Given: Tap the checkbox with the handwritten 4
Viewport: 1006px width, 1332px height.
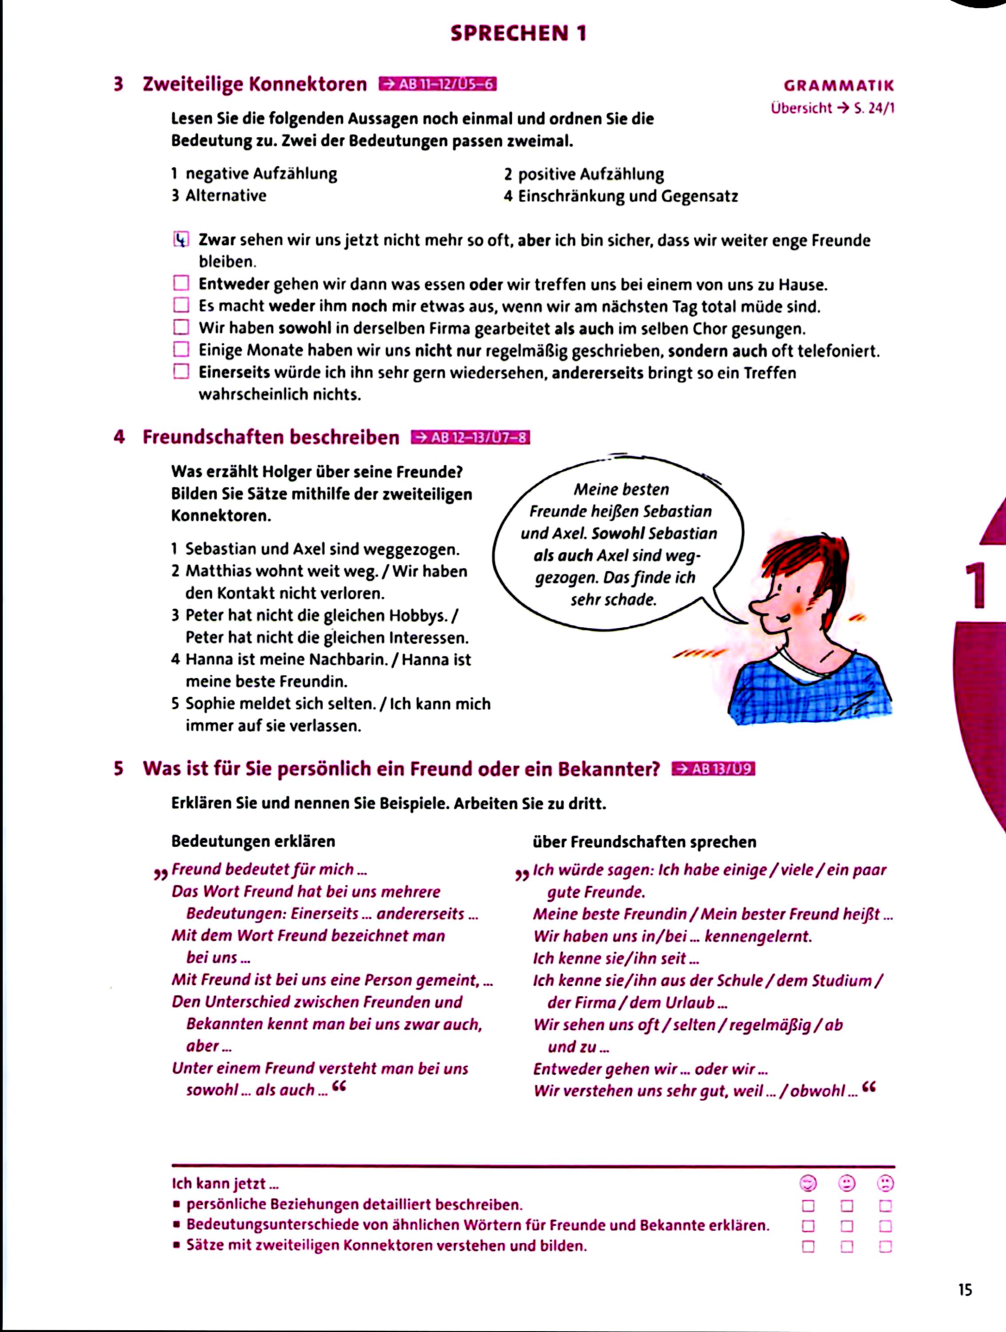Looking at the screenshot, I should (x=181, y=240).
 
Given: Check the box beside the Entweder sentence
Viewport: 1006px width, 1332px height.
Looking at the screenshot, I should (x=181, y=283).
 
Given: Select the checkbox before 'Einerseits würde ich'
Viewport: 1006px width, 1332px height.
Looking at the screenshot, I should (x=181, y=372).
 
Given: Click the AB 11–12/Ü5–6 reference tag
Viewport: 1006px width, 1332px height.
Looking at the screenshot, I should (x=437, y=84).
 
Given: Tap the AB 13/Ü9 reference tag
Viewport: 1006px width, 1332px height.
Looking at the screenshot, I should (x=713, y=769).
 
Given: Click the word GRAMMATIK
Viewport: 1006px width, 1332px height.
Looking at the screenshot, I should (x=839, y=86).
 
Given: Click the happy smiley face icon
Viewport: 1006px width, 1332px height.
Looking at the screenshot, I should (x=808, y=1183).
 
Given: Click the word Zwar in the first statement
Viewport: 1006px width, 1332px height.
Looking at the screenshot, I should (x=218, y=240).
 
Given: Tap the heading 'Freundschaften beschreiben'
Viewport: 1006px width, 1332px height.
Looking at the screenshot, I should (x=271, y=437).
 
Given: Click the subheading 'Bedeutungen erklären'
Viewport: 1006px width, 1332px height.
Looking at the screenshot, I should (x=253, y=841).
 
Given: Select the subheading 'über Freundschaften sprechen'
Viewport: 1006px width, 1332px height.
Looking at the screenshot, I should (x=644, y=842).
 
